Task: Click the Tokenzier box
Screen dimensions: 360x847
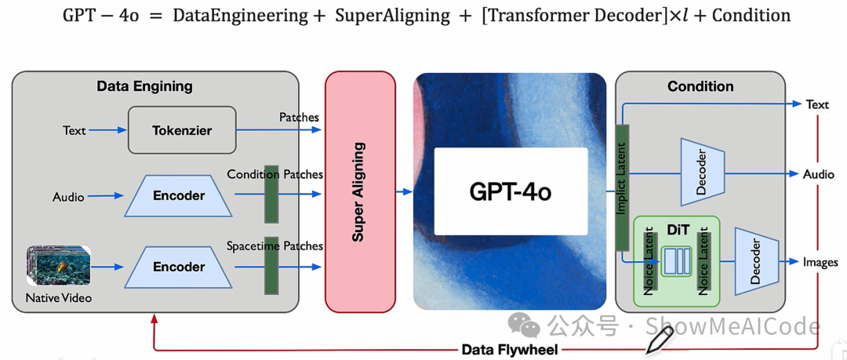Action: point(182,130)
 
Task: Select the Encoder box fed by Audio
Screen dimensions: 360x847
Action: point(179,196)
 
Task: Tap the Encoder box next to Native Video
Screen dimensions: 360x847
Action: point(179,267)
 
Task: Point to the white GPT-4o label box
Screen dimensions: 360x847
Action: point(511,191)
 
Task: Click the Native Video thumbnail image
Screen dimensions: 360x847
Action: point(59,267)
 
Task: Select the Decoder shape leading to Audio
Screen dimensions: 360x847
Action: point(701,173)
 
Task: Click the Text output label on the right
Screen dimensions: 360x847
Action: point(817,104)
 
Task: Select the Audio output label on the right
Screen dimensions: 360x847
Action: point(819,174)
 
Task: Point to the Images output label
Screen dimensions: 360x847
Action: point(820,262)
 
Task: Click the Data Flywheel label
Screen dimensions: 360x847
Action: point(510,350)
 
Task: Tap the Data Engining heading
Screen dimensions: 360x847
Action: point(144,86)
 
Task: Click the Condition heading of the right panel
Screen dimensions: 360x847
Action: point(700,86)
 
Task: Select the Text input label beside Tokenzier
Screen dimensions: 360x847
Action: point(75,130)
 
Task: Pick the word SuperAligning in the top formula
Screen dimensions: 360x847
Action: point(392,16)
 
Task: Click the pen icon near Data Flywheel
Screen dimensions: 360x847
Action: point(659,340)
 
